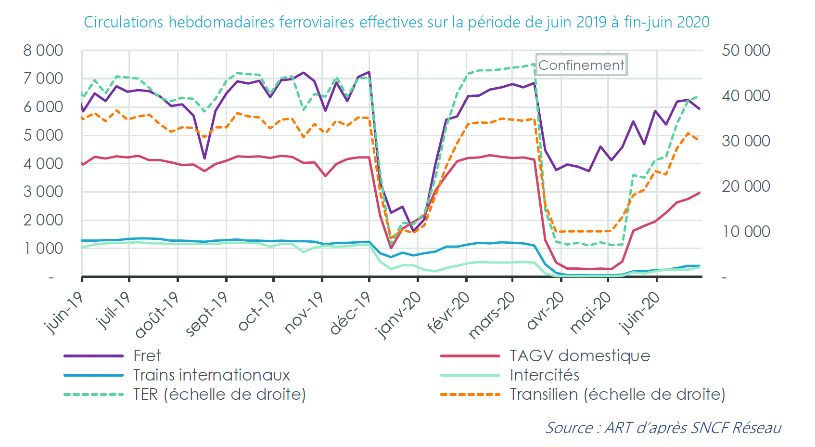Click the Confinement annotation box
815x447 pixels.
(x=581, y=65)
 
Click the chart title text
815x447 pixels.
(x=396, y=22)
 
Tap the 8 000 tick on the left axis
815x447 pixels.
(x=43, y=51)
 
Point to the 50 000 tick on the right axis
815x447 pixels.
(x=746, y=51)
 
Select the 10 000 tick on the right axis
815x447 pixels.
(x=746, y=232)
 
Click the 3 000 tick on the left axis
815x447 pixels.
(x=43, y=192)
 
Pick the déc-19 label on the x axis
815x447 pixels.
(x=350, y=313)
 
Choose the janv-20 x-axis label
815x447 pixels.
(x=399, y=316)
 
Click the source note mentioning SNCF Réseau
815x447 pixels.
(x=663, y=428)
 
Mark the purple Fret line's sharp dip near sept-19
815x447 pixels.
(x=204, y=158)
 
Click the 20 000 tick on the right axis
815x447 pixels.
(x=746, y=186)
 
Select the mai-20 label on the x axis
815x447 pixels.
(x=590, y=313)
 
